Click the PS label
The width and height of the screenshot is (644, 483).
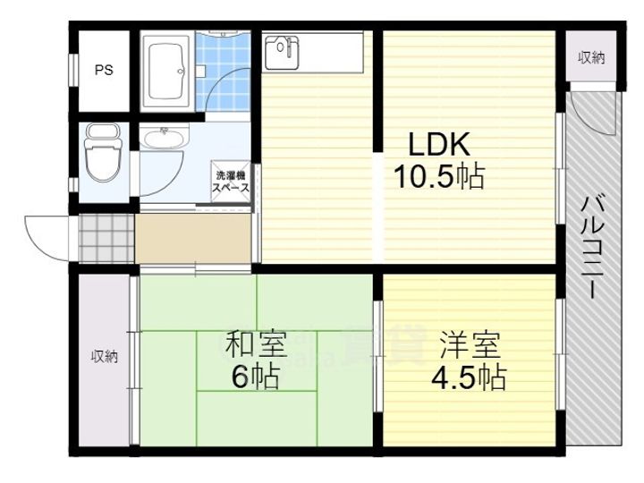pyautogui.click(x=104, y=71)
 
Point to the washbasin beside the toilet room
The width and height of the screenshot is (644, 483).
pyautogui.click(x=163, y=138)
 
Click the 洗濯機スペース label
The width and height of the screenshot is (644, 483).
pyautogui.click(x=230, y=183)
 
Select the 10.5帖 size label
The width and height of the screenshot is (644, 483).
pyautogui.click(x=439, y=176)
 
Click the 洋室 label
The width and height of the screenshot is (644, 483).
pyautogui.click(x=470, y=345)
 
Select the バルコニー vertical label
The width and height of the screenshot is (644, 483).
pyautogui.click(x=590, y=245)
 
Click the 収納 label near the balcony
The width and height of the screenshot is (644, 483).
pyautogui.click(x=590, y=59)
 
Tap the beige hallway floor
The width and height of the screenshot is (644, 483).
pyautogui.click(x=192, y=237)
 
